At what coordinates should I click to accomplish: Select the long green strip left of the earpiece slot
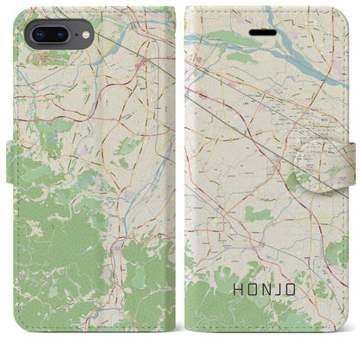click(x=221, y=37)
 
